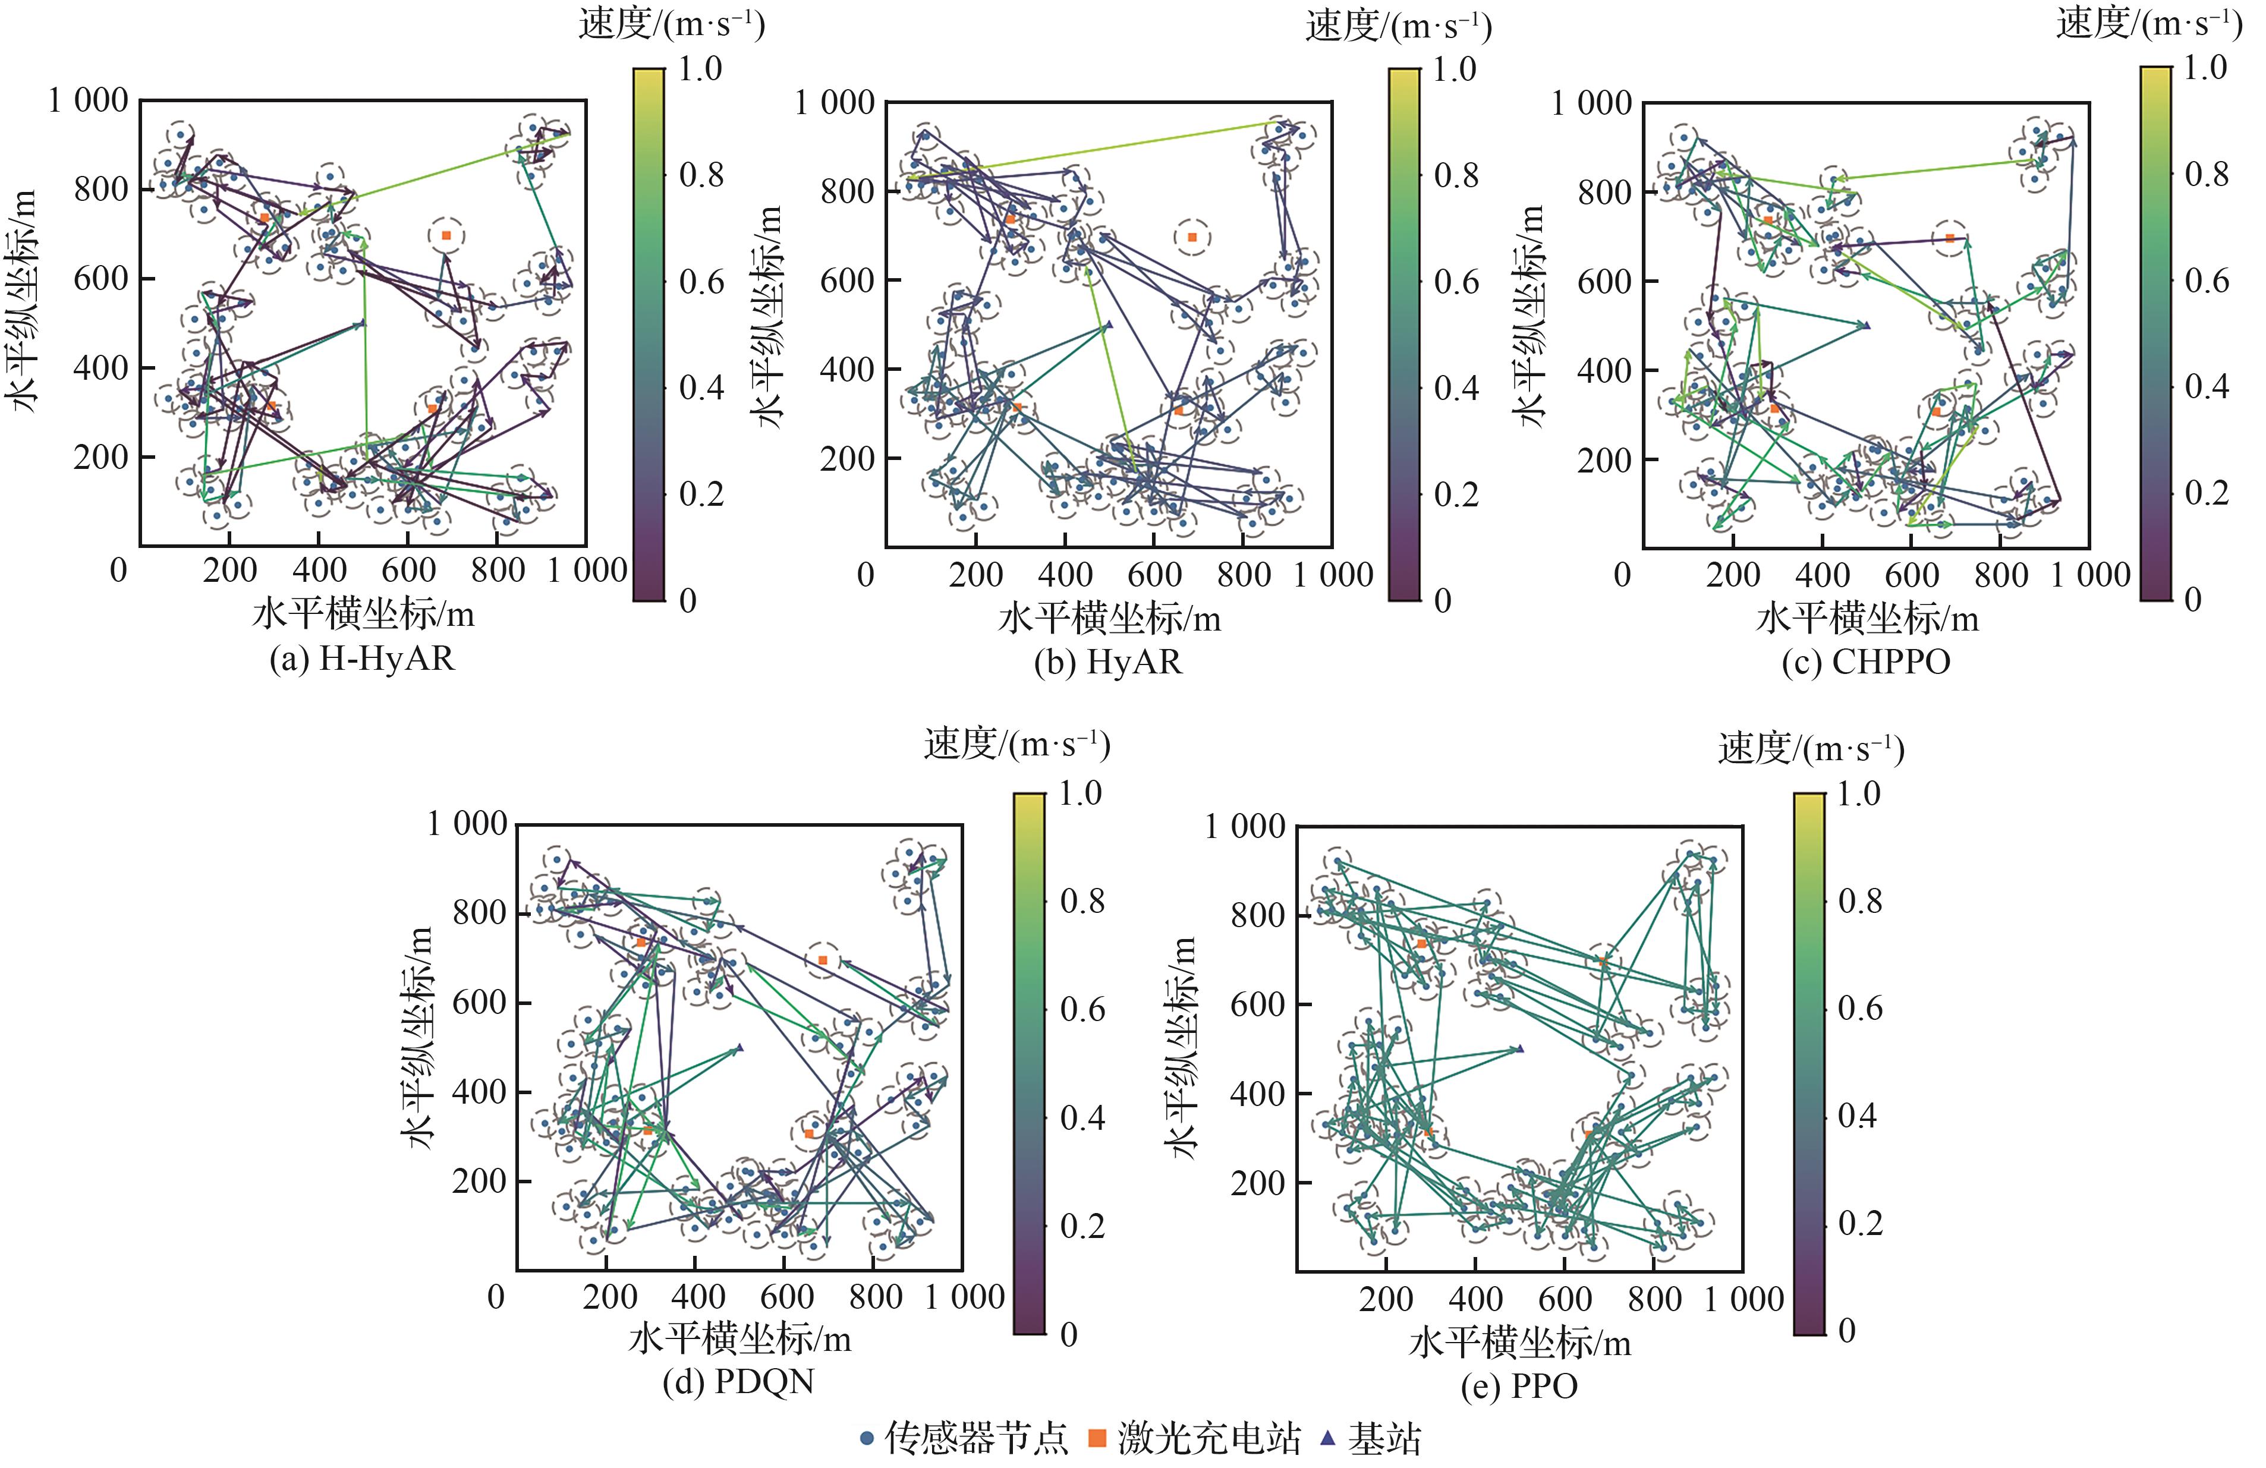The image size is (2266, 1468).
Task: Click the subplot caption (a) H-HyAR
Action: pos(362,659)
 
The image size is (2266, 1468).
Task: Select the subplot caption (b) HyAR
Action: pos(1108,661)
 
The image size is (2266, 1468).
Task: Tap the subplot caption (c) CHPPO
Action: pos(1866,661)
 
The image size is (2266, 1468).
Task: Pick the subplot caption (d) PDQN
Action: pos(739,1381)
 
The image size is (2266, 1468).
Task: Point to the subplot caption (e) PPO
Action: pos(1519,1385)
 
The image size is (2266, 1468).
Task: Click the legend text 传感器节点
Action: pos(977,1438)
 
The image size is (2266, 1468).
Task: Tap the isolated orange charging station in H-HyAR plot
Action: pos(446,235)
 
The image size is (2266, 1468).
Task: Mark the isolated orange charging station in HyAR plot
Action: pos(1192,237)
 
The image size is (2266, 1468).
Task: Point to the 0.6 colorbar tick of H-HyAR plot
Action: pos(701,282)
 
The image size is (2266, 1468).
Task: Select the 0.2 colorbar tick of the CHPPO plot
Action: pos(2207,492)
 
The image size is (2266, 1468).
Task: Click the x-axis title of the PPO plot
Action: pos(1519,1343)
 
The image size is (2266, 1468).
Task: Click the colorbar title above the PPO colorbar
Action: pos(1811,749)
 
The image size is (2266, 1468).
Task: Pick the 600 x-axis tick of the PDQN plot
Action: pos(786,1297)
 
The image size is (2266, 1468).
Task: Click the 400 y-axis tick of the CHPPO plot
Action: pos(1604,370)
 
